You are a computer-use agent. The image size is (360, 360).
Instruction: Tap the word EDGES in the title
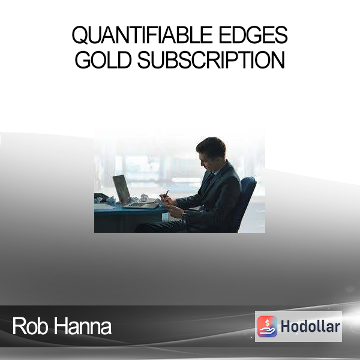[x=253, y=35]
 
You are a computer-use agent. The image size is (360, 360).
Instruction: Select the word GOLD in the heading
[x=103, y=59]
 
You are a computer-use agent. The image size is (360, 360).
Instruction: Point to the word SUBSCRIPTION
[x=211, y=59]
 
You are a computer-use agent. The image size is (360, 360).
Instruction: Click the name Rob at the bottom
[x=31, y=326]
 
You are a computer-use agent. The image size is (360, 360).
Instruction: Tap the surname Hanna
[x=83, y=326]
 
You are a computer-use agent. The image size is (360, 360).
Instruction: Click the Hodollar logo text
[x=310, y=326]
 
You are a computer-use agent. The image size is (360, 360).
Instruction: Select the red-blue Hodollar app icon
[x=267, y=326]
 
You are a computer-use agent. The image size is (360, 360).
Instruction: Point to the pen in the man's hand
[x=166, y=194]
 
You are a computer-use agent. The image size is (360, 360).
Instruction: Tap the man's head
[x=211, y=151]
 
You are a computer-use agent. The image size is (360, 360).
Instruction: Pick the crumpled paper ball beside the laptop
[x=144, y=197]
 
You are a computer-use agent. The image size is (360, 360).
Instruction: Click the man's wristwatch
[x=184, y=215]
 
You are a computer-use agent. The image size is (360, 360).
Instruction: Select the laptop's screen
[x=122, y=190]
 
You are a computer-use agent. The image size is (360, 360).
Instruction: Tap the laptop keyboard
[x=138, y=205]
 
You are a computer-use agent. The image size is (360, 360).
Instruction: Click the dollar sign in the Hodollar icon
[x=267, y=323]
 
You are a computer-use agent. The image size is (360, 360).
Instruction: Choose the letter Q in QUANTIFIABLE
[x=80, y=35]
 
